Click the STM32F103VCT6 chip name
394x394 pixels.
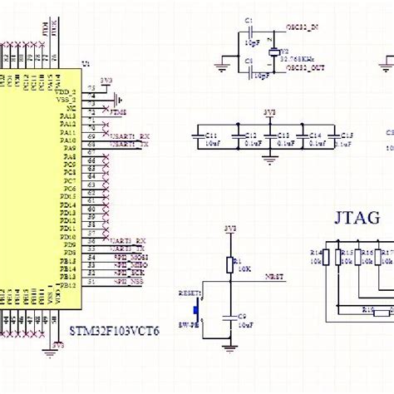[116, 330]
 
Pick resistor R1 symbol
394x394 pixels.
[229, 264]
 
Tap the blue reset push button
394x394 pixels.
[197, 309]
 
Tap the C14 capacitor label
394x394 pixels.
[315, 134]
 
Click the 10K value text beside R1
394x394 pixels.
[243, 268]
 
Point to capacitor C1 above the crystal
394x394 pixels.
[249, 33]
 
